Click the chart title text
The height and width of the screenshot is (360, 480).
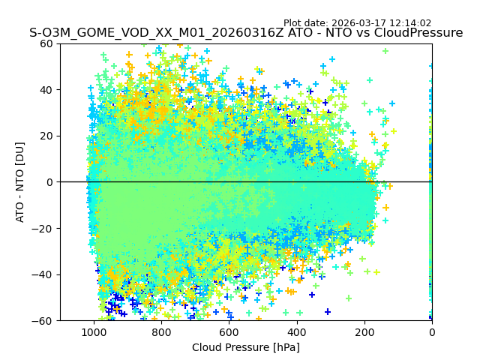tap(246, 33)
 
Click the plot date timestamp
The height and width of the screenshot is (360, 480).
tap(357, 23)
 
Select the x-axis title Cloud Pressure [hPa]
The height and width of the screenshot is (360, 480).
tap(246, 347)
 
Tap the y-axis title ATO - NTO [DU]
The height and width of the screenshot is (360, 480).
tap(20, 181)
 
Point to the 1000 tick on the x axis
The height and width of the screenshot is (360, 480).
tap(94, 331)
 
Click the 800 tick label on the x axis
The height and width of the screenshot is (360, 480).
tap(161, 331)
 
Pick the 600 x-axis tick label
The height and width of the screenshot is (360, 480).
tap(229, 331)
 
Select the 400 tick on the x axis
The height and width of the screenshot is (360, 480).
tap(296, 331)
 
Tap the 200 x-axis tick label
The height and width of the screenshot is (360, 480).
tap(364, 331)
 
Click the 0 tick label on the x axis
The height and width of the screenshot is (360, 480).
tap(432, 331)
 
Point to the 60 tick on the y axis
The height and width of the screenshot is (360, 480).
tap(46, 43)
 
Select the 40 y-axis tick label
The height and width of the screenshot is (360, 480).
tap(46, 89)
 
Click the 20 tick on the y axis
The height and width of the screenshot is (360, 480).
tap(46, 136)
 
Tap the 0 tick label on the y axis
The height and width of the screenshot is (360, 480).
tap(49, 182)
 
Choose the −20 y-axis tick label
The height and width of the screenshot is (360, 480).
tap(43, 228)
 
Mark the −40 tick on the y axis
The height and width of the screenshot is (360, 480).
tap(43, 274)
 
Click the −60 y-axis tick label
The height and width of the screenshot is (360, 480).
tap(43, 320)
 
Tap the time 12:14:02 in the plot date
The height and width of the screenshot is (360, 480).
tap(410, 23)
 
